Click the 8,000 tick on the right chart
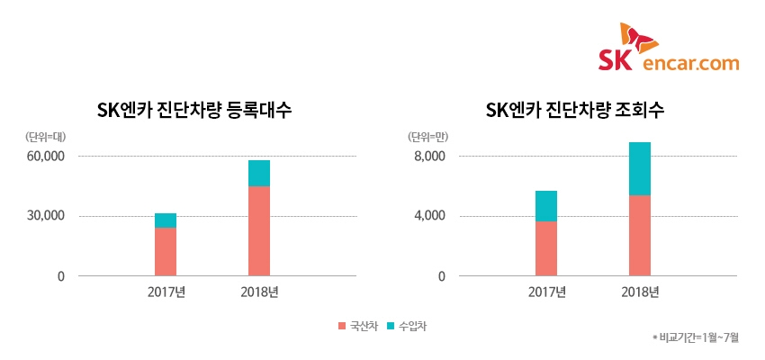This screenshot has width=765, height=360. (x=430, y=157)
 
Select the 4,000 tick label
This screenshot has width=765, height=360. (x=430, y=216)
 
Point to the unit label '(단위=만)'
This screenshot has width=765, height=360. (x=427, y=137)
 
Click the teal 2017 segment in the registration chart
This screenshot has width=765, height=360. (x=166, y=220)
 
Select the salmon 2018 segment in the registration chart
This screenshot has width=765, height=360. (x=259, y=230)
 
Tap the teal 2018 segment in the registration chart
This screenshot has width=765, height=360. (x=259, y=173)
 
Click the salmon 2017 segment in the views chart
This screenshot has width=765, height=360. (x=546, y=248)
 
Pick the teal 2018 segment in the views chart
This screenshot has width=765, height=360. (x=640, y=168)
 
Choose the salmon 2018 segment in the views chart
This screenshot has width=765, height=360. (x=640, y=235)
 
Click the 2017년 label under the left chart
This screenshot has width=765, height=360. (x=166, y=292)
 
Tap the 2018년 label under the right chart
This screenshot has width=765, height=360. (x=640, y=292)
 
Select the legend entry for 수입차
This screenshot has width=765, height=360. (x=406, y=326)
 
